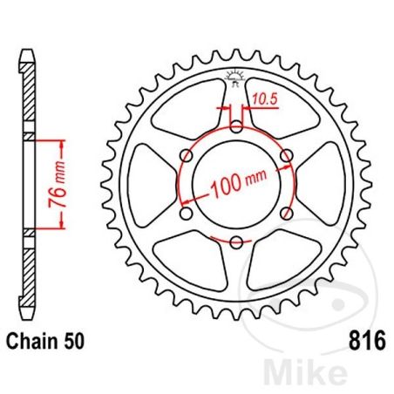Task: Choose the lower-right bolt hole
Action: tap(287, 213)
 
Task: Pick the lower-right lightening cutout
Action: tap(289, 253)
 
